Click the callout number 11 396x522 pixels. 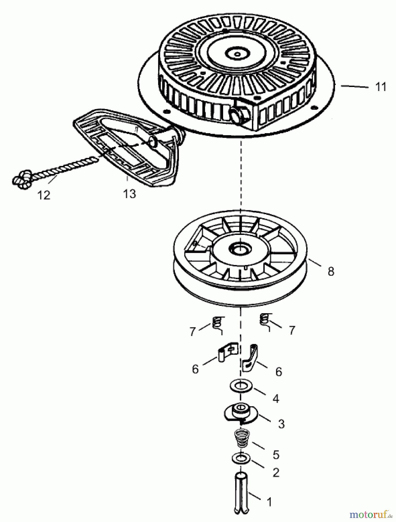380,87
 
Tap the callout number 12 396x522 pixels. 44,195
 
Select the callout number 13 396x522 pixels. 129,193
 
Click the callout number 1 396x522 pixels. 269,501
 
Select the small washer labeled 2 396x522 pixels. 241,459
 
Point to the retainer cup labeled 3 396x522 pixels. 240,413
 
